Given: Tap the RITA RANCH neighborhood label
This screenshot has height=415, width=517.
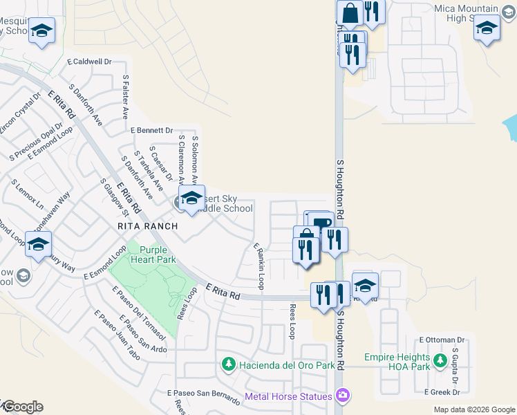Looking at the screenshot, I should click(147, 226).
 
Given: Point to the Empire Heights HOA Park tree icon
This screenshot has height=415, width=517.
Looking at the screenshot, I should click(439, 360).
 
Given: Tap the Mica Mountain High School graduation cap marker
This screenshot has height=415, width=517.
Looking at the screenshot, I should click(487, 29).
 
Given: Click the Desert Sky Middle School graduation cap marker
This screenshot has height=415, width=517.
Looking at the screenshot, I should click(191, 198).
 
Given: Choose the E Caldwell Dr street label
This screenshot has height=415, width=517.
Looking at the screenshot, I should click(89, 62).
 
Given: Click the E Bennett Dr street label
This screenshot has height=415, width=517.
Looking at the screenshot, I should click(151, 130).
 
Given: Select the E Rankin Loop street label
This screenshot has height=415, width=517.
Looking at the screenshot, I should click(258, 266).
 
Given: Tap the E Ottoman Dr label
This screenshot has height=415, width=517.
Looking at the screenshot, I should click(442, 340).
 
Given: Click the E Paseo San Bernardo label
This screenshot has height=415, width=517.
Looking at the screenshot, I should click(203, 393).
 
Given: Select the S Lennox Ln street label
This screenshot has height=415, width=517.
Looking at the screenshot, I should click(26, 196).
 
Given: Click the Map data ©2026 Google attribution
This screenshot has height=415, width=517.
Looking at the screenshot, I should click(473, 409).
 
